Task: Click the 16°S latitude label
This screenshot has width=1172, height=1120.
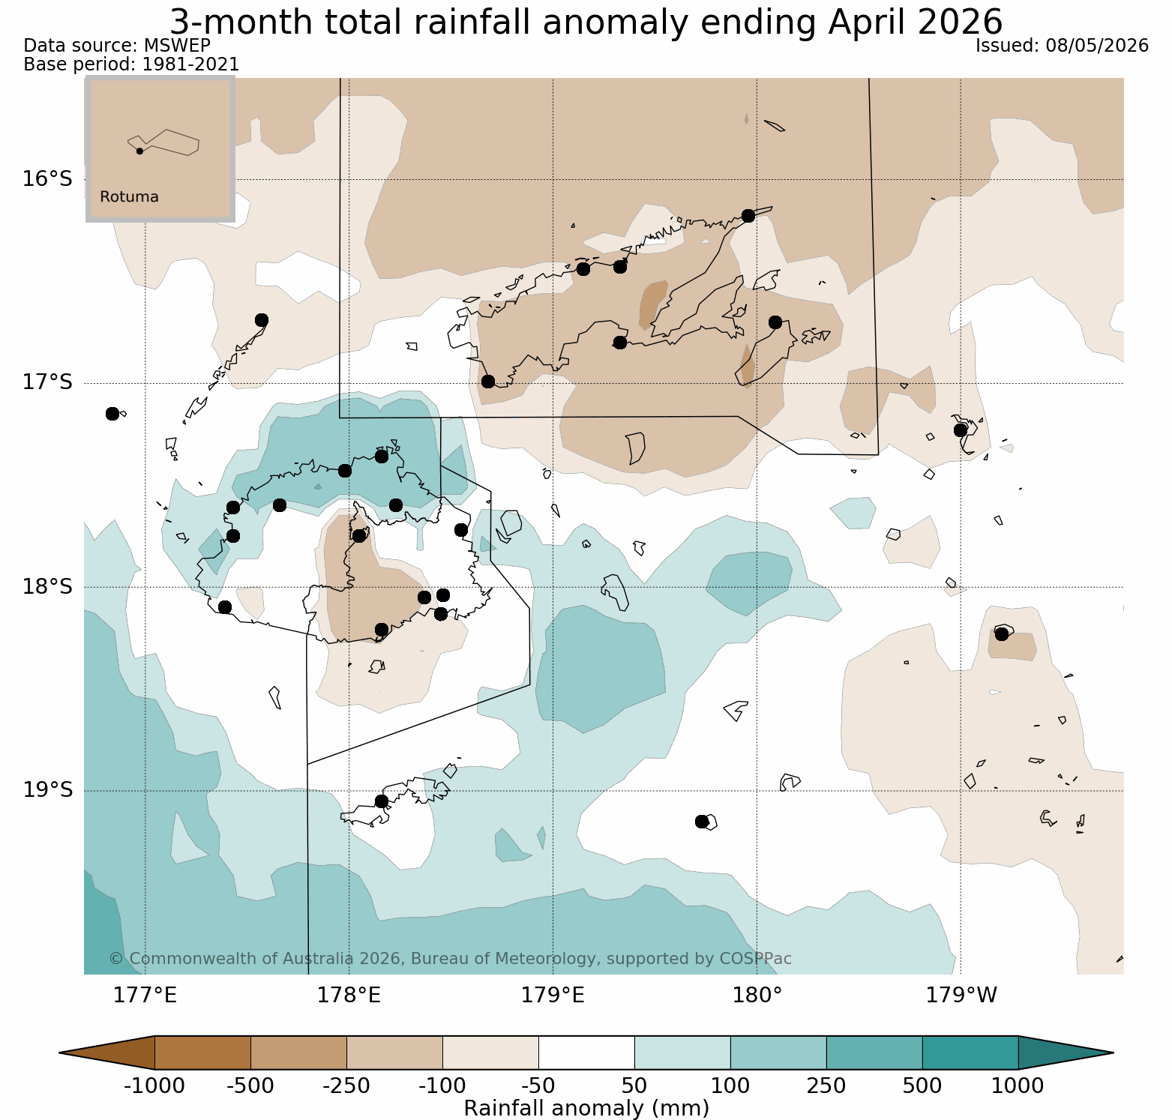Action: pos(47,179)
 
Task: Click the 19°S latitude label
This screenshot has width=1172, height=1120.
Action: pos(47,790)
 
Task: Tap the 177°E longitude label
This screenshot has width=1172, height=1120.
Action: pos(145,996)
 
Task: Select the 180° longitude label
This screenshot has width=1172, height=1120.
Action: pos(757,996)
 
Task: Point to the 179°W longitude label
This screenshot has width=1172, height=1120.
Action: pos(961,996)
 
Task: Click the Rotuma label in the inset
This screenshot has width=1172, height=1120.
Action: pos(129,197)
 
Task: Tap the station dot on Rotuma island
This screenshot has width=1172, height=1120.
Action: pos(139,151)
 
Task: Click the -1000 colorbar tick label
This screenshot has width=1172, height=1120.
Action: pos(154,1086)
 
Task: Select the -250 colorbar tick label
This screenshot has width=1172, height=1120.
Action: pos(346,1086)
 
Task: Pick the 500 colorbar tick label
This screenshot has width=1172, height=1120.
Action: pos(922,1086)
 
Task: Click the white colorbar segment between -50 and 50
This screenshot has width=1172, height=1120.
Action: pos(586,1053)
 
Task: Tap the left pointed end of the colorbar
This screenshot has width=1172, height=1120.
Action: pos(60,1053)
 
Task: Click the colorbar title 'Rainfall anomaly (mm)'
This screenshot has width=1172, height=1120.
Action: pos(586,1108)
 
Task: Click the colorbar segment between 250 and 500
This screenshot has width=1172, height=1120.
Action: pos(874,1053)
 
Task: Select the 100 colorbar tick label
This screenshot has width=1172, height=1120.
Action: pos(730,1086)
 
